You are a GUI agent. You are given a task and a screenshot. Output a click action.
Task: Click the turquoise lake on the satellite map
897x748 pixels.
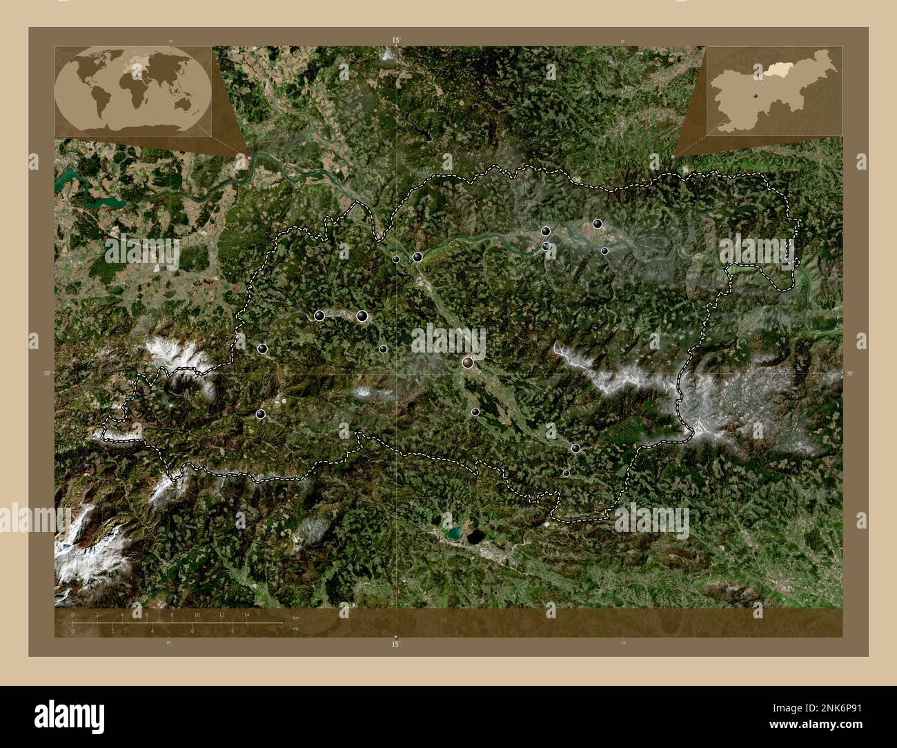point(455,533)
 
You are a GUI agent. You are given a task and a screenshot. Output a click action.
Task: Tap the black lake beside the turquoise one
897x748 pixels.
point(475,536)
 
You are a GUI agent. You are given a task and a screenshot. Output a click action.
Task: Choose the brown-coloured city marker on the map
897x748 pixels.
point(469,362)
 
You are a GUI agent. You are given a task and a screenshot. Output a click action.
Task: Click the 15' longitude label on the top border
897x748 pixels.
point(395,41)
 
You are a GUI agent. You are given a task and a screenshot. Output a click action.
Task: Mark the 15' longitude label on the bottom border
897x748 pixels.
point(395,643)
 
